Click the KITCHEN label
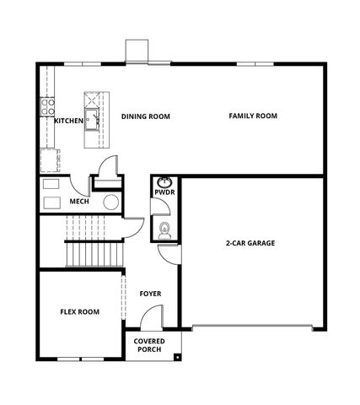click(x=69, y=121)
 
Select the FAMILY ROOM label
click(x=253, y=116)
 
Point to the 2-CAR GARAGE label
click(x=250, y=243)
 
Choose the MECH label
click(x=79, y=202)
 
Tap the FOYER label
click(x=150, y=294)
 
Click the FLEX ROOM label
click(x=79, y=311)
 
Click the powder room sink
click(x=165, y=182)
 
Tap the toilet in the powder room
click(x=165, y=229)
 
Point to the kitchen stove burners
click(x=47, y=106)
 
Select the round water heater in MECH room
click(x=110, y=202)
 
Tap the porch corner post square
click(x=178, y=358)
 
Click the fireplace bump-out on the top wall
click(x=136, y=51)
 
